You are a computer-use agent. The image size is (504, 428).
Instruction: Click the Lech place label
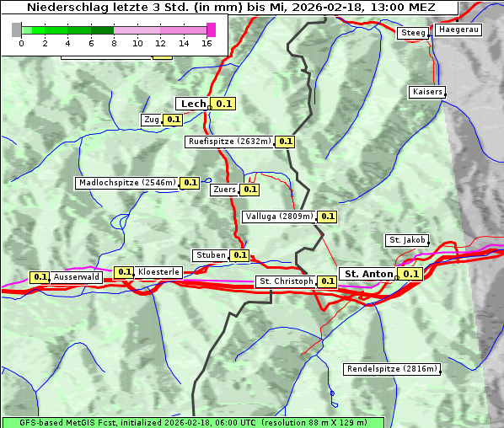(x=192, y=104)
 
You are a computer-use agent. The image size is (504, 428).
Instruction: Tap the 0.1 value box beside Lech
(x=223, y=104)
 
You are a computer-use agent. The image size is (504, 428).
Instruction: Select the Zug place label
(x=152, y=120)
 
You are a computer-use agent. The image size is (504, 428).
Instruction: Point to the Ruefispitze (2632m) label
(x=229, y=142)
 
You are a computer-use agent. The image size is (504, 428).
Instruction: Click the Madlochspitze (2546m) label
(x=126, y=182)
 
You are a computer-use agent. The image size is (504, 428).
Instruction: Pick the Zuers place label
(x=224, y=190)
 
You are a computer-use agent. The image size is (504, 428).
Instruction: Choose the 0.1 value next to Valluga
(x=327, y=217)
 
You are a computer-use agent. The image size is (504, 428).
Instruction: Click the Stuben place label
(x=210, y=255)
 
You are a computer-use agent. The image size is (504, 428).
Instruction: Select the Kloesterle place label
(x=158, y=272)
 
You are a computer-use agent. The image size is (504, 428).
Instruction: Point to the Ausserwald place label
(x=77, y=276)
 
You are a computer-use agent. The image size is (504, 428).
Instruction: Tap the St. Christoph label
(x=285, y=281)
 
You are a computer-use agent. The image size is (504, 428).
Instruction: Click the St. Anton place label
(x=368, y=274)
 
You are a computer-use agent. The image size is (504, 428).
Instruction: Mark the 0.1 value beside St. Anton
(x=410, y=274)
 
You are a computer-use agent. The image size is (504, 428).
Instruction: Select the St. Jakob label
(x=407, y=240)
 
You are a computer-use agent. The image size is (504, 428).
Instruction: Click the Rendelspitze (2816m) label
(x=392, y=369)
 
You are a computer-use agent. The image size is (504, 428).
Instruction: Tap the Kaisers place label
(x=426, y=91)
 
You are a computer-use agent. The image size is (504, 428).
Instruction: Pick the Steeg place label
(x=413, y=33)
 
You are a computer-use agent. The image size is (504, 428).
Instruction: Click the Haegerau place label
(x=458, y=29)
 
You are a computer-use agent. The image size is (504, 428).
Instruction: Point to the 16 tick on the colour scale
(x=207, y=43)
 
